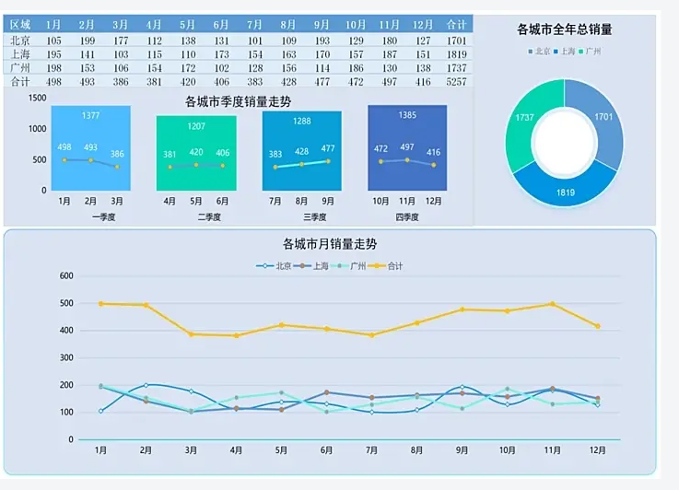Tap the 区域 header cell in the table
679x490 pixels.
pos(20,25)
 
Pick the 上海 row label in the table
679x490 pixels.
pos(20,54)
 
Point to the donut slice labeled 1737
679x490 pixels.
pos(525,118)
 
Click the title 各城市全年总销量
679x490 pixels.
pos(565,29)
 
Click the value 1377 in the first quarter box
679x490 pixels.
pos(90,115)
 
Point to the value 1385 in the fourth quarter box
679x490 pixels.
pos(407,115)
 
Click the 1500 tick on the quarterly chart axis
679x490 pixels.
pos(37,98)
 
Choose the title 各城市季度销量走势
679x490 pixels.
pos(237,101)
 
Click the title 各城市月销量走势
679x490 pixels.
pos(330,244)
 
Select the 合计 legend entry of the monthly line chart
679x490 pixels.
pos(390,266)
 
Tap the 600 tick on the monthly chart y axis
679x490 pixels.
pos(65,276)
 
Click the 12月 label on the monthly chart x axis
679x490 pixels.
pos(598,451)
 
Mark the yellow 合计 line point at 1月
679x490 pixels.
pos(100,304)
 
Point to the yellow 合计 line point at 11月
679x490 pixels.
pos(553,304)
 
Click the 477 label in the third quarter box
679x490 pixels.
pos(328,148)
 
